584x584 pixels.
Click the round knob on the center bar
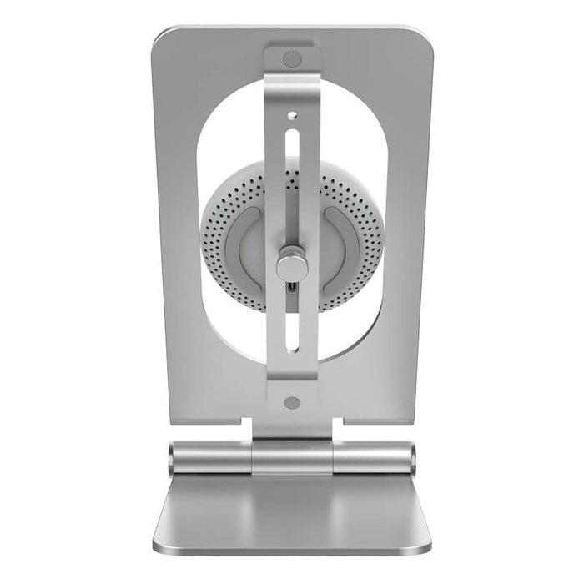click(x=291, y=266)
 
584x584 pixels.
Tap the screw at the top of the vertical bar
click(x=292, y=59)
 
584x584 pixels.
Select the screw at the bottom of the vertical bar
click(x=291, y=402)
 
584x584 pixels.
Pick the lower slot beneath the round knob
click(x=291, y=334)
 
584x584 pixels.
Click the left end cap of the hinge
click(x=172, y=458)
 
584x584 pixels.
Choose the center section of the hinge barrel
click(x=291, y=458)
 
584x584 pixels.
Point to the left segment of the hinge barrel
click(x=213, y=458)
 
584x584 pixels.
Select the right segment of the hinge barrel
click(x=371, y=458)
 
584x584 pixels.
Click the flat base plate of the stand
click(x=291, y=513)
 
